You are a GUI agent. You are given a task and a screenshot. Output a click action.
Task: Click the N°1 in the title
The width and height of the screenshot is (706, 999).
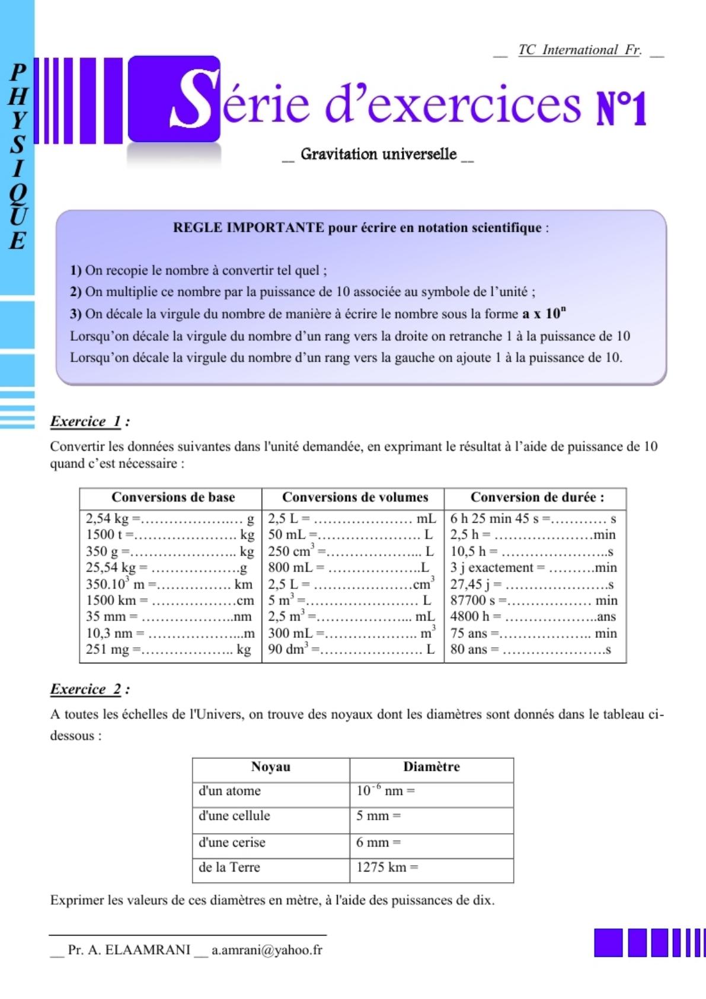click(x=621, y=108)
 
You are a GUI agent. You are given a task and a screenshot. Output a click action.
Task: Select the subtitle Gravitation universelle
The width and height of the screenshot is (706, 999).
click(x=378, y=155)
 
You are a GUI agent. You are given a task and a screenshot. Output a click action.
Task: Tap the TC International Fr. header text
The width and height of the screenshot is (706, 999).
click(x=579, y=50)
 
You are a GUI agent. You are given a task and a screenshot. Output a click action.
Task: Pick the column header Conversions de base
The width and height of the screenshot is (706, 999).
click(x=173, y=497)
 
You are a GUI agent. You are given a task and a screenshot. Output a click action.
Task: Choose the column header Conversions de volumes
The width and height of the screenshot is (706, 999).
click(x=354, y=497)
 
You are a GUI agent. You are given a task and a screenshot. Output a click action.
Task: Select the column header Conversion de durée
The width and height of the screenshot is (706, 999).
click(x=537, y=497)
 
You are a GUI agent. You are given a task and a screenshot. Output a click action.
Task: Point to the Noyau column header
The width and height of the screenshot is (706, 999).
click(x=270, y=767)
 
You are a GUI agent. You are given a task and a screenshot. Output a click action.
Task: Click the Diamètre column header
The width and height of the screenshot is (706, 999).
click(x=431, y=767)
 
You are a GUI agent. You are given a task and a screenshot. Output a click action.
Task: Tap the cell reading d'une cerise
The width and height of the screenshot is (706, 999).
click(x=232, y=842)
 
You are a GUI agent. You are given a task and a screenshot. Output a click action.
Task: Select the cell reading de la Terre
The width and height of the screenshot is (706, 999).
click(x=229, y=867)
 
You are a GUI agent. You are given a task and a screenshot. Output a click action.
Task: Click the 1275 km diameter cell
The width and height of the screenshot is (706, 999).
click(x=386, y=867)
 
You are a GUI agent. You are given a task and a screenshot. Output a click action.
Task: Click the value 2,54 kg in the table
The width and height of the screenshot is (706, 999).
click(x=107, y=519)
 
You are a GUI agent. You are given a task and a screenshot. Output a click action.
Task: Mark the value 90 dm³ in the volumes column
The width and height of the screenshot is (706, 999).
click(x=289, y=649)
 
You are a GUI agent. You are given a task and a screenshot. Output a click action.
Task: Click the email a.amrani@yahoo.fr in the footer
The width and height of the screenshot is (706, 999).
click(x=267, y=950)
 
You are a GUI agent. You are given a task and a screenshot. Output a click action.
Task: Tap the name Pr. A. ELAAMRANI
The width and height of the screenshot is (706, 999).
click(x=129, y=950)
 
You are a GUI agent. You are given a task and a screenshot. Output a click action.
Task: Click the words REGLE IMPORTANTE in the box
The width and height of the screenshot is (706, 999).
click(x=248, y=228)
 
